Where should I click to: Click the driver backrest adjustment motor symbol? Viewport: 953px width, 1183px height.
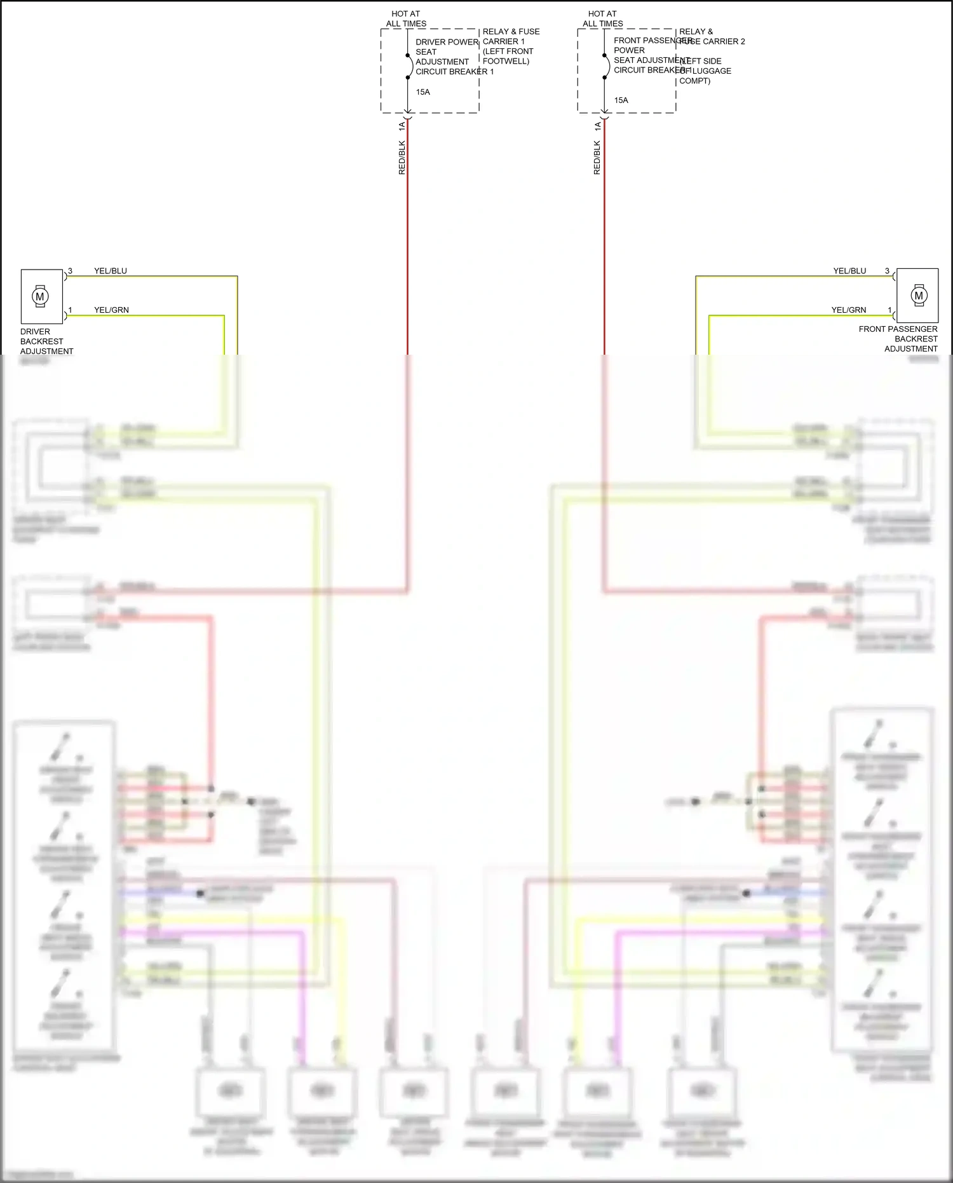41,296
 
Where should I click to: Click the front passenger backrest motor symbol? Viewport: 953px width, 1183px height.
919,295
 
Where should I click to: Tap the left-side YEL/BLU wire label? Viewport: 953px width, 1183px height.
111,271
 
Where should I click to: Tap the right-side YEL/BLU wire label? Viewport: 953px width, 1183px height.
849,271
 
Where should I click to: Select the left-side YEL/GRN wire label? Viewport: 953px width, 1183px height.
111,310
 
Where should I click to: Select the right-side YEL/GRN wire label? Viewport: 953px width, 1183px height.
848,310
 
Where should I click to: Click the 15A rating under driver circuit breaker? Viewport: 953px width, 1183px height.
423,92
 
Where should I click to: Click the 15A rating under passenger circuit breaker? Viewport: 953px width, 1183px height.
621,100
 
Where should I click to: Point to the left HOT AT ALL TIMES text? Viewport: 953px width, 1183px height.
406,18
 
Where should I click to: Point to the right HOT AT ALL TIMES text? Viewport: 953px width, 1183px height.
603,18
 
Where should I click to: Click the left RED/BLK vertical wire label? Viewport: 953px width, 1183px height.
402,158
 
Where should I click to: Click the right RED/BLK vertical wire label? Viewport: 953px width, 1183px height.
597,158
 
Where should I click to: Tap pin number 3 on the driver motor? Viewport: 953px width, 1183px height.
70,271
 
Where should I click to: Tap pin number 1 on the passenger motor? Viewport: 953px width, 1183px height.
889,310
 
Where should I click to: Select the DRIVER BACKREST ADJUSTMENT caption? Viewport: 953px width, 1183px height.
46,341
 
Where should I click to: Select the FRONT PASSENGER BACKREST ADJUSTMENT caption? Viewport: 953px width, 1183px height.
898,339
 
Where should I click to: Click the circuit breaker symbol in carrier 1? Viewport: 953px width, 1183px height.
409,67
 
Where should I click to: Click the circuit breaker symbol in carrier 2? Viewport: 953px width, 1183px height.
605,67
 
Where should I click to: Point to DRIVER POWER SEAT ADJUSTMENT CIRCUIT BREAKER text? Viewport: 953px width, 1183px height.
447,57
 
